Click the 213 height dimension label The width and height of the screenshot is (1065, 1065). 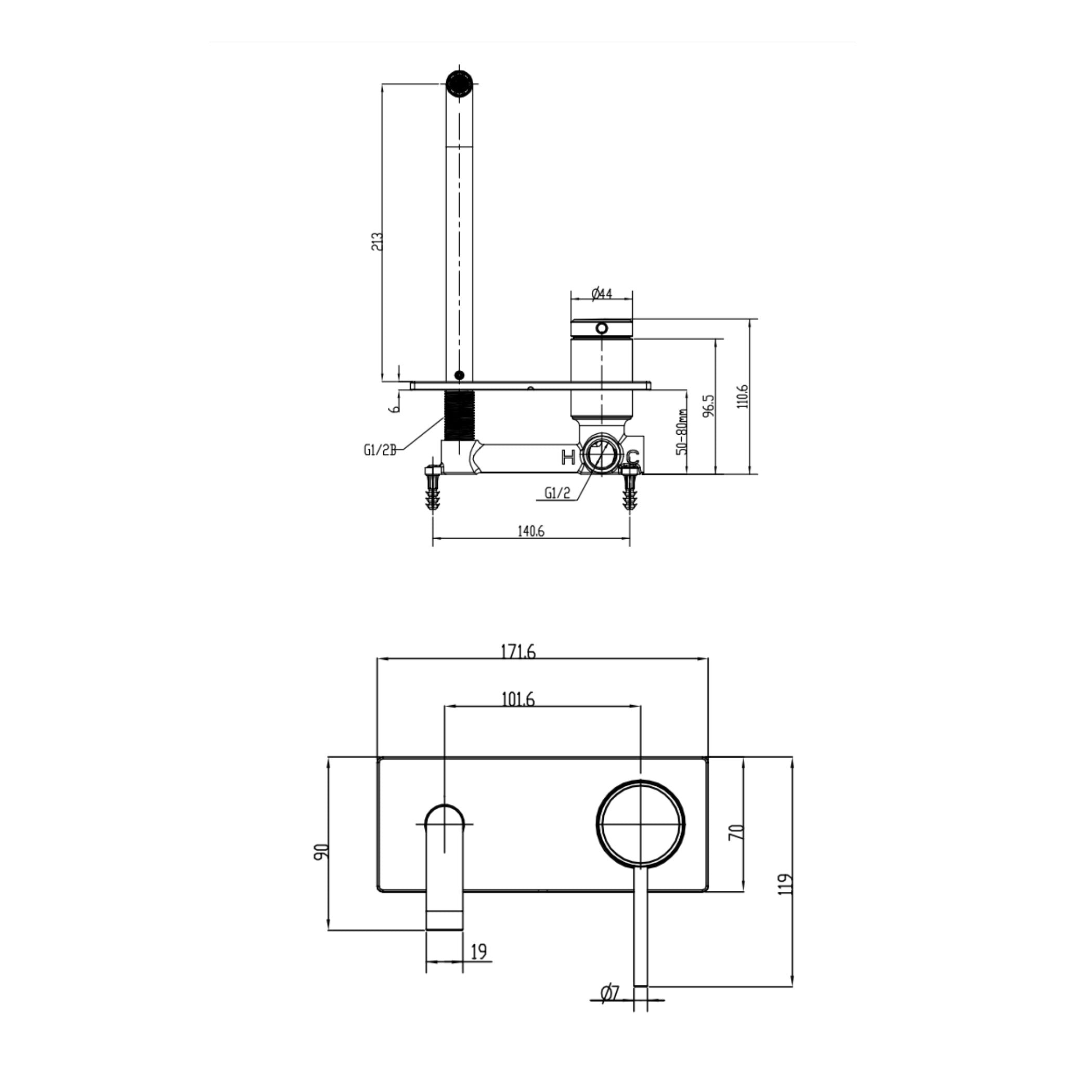pyautogui.click(x=377, y=241)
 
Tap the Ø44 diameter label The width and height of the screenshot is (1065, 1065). pyautogui.click(x=602, y=293)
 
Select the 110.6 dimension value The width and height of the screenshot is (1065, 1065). pyautogui.click(x=743, y=396)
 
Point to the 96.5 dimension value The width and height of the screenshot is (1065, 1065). pyautogui.click(x=709, y=406)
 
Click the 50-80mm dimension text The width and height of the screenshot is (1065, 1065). pyautogui.click(x=682, y=432)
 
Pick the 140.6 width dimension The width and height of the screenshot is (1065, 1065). pyautogui.click(x=530, y=531)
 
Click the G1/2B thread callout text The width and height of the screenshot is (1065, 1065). pyautogui.click(x=380, y=450)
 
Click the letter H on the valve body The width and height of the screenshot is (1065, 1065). pyautogui.click(x=568, y=457)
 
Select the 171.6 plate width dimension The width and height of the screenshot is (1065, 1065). pyautogui.click(x=517, y=652)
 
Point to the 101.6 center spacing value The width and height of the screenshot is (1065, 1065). pyautogui.click(x=517, y=699)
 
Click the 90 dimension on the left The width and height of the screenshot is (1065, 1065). pyautogui.click(x=322, y=851)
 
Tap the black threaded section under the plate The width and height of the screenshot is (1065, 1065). pyautogui.click(x=459, y=415)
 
